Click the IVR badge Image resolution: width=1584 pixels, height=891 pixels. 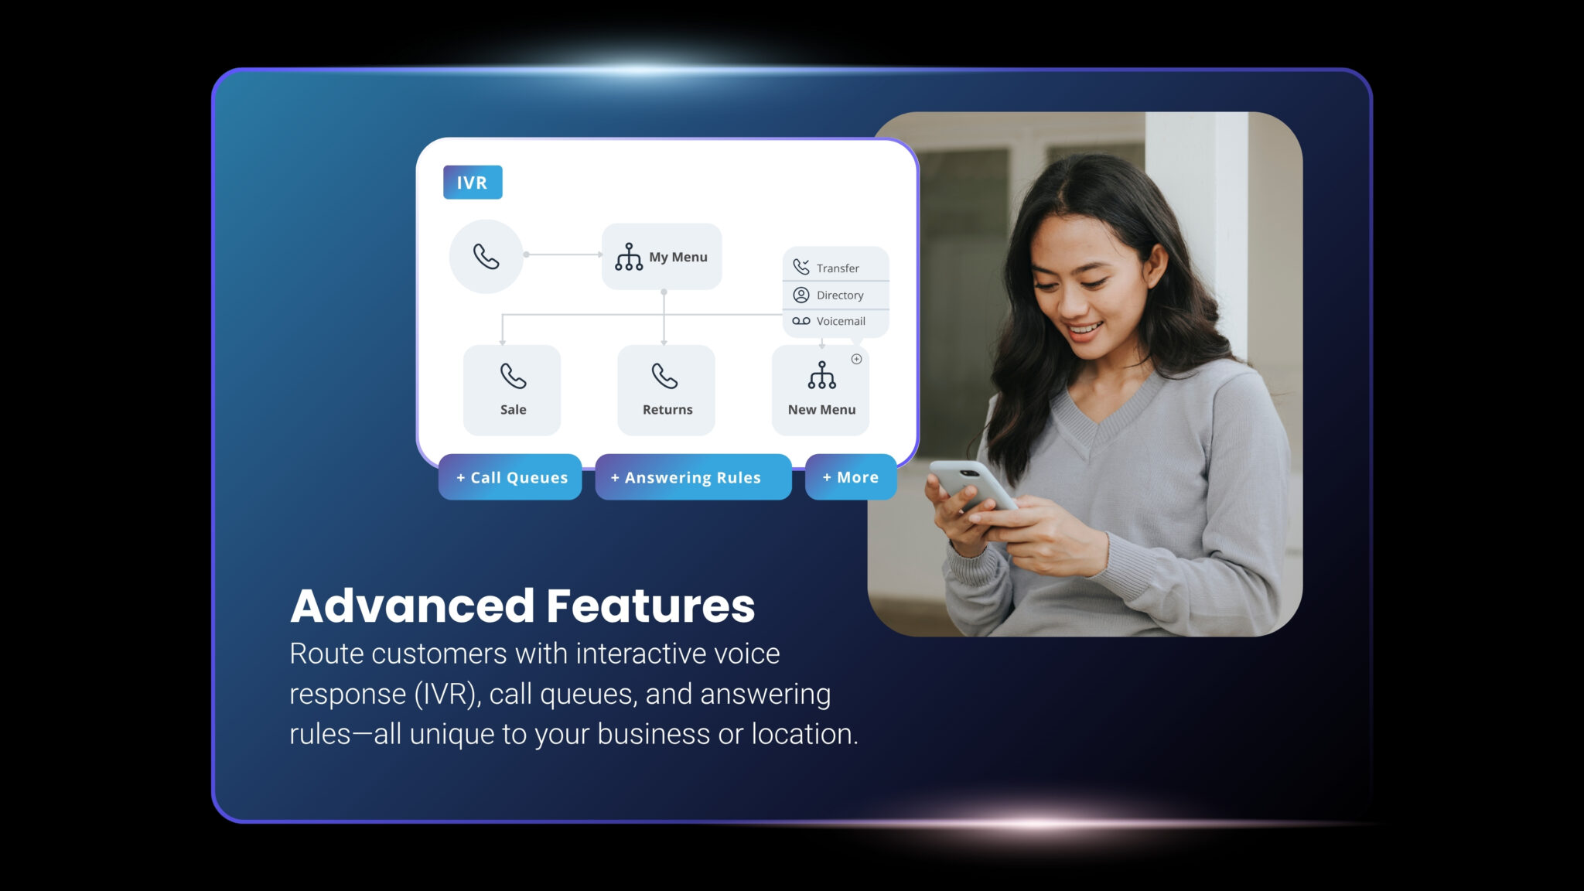[x=473, y=183]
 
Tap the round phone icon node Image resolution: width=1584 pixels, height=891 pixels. [x=486, y=256]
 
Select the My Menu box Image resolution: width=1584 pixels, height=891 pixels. [x=662, y=257]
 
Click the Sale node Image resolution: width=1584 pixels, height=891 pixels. [x=512, y=390]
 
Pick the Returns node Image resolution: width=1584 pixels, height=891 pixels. [x=666, y=390]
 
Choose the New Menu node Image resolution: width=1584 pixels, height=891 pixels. [x=821, y=390]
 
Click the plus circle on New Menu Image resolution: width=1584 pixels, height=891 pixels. [x=856, y=359]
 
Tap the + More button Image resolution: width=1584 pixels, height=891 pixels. [x=851, y=477]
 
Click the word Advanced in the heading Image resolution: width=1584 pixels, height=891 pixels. [x=413, y=606]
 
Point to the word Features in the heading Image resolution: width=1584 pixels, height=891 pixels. [x=650, y=606]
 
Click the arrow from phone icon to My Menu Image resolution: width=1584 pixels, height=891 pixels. [x=563, y=254]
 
